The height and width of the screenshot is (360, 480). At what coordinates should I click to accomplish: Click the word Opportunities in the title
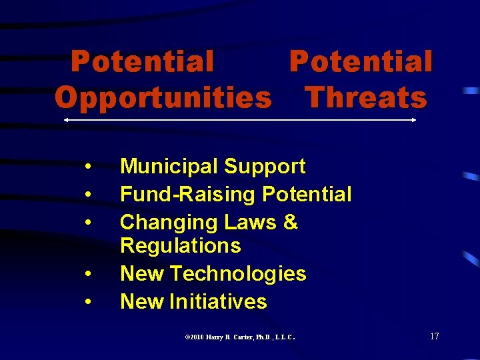[163, 98]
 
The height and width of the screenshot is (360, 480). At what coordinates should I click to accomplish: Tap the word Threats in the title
[365, 98]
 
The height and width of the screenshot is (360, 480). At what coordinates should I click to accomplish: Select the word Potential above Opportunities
[143, 62]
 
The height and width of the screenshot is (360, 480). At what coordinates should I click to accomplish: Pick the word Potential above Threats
[361, 62]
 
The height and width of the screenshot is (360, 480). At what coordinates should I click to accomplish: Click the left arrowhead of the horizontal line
[65, 120]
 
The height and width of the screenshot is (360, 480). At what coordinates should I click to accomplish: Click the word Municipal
[169, 167]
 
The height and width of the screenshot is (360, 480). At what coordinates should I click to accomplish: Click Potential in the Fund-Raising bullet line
[307, 195]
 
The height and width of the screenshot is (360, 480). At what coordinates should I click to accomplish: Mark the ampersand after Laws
[290, 222]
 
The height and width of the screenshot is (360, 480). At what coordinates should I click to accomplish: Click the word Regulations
[180, 246]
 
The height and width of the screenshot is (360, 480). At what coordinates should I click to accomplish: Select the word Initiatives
[218, 301]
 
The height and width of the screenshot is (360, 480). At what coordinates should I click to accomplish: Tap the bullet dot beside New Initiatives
[88, 303]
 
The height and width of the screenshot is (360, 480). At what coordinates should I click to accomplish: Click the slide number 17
[434, 336]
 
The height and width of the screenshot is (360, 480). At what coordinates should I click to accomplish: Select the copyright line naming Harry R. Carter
[239, 337]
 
